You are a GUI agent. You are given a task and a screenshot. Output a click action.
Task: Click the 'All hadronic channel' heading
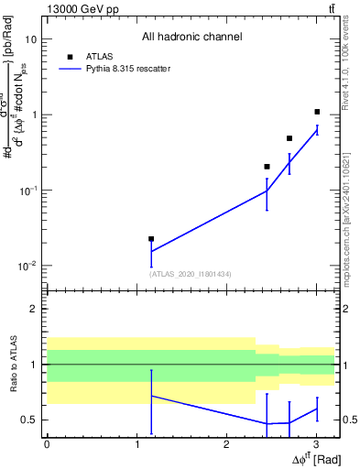[191, 38]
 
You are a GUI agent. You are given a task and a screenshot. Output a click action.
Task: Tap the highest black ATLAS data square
[317, 112]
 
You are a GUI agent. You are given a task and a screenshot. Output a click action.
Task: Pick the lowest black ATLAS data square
[151, 238]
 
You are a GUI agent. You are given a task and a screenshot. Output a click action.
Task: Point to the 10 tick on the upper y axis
[31, 39]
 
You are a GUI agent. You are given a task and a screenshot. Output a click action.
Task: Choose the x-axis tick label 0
[47, 444]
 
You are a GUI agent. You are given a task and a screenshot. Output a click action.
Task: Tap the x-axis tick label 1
[136, 444]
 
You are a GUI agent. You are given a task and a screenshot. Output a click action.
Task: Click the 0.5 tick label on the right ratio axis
[349, 420]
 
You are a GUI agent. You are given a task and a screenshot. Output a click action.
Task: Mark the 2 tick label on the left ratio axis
[34, 309]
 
